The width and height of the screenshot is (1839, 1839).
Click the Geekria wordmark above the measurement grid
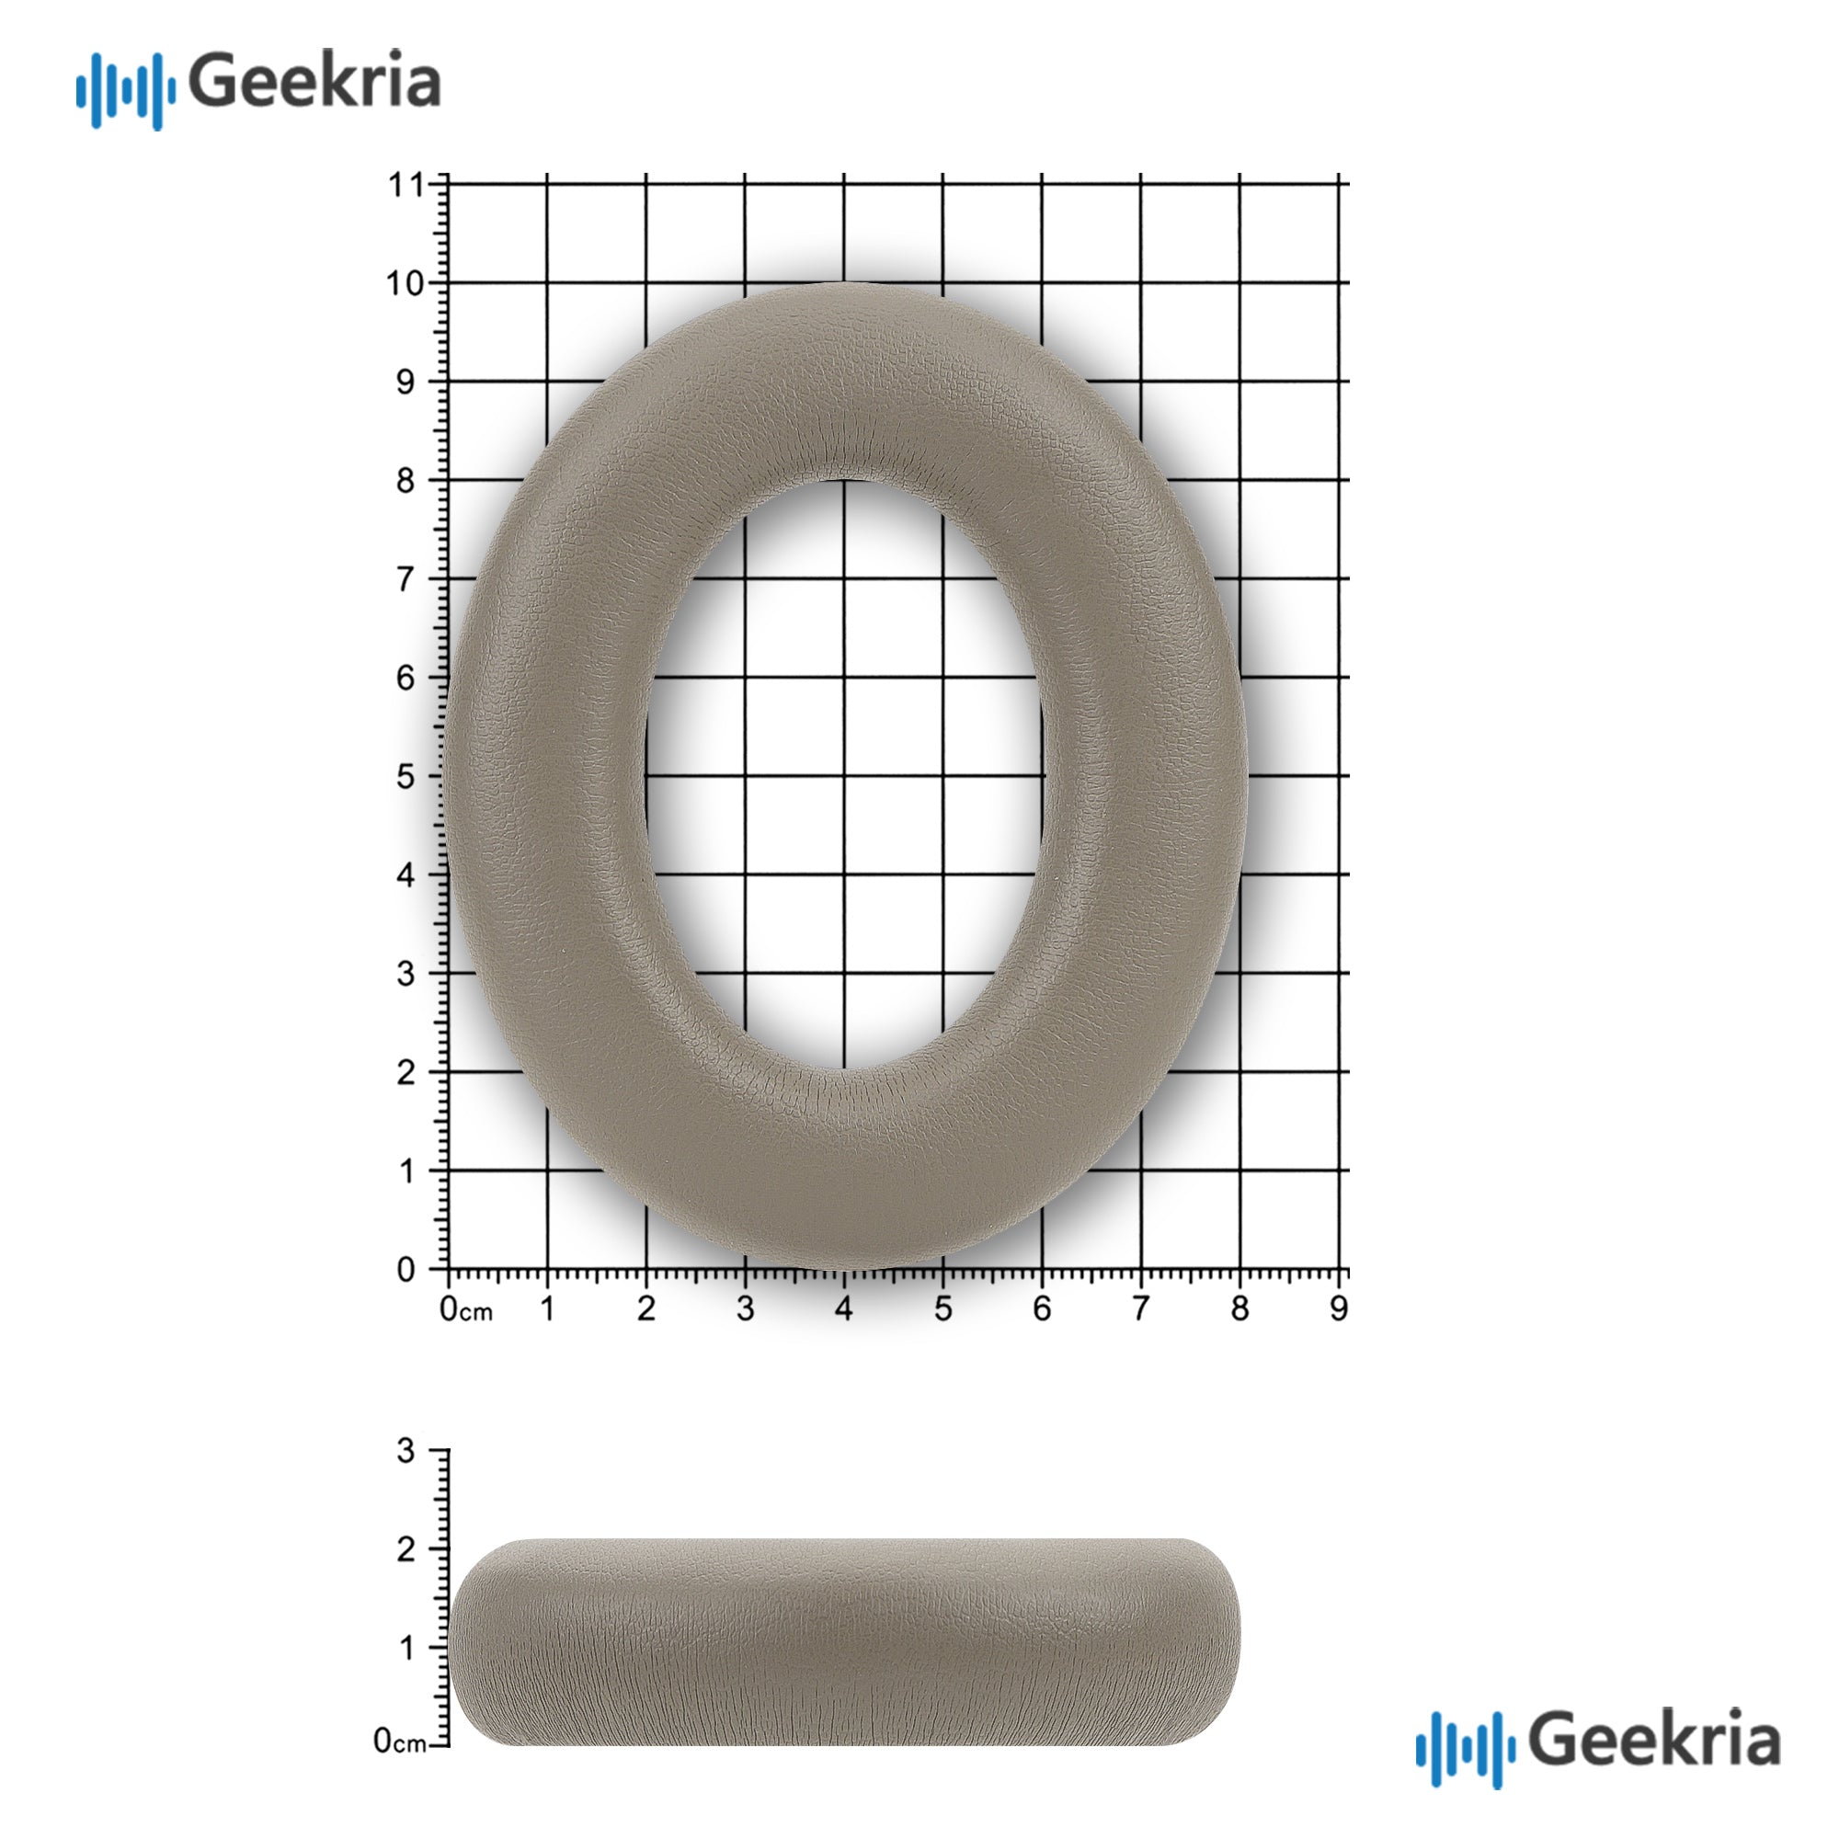pyautogui.click(x=315, y=81)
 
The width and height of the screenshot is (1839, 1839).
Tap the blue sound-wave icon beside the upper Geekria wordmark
pyautogui.click(x=126, y=91)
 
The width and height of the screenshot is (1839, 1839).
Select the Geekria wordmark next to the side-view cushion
pyautogui.click(x=1655, y=1737)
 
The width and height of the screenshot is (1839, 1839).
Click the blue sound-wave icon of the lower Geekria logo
pyautogui.click(x=1465, y=1748)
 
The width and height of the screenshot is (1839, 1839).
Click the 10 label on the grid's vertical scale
pyautogui.click(x=405, y=282)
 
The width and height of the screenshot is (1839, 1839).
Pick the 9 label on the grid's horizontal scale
pyautogui.click(x=1338, y=1309)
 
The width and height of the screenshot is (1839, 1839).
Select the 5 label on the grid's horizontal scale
pyautogui.click(x=942, y=1309)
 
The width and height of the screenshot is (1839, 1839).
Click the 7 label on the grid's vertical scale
pyautogui.click(x=405, y=578)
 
